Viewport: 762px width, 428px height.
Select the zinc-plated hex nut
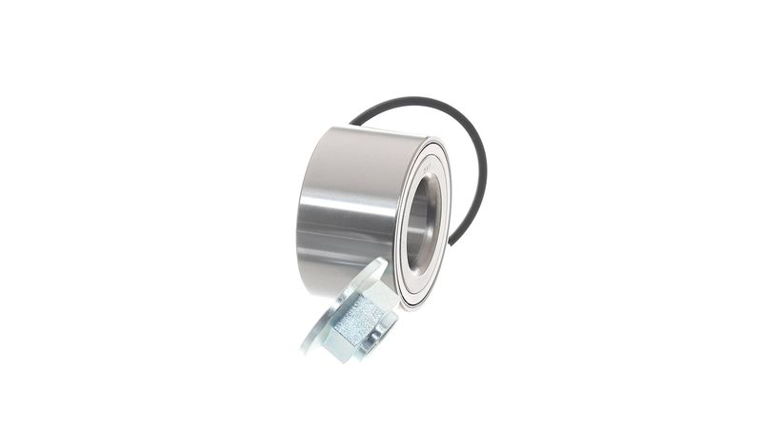click(x=360, y=318)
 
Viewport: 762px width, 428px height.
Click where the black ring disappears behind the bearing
click(x=353, y=124)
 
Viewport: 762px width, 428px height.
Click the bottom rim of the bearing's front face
click(x=411, y=306)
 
